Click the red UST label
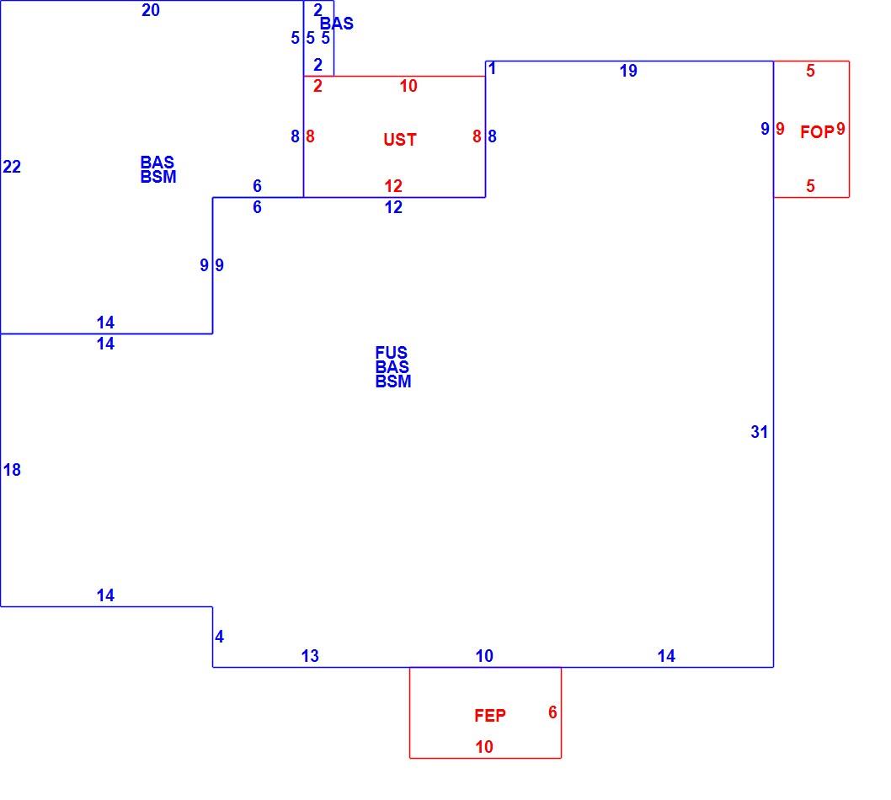pos(400,139)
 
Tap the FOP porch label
pos(817,132)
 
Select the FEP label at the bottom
pos(490,715)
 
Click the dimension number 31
pos(759,432)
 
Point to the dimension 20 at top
pos(151,10)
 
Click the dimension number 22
pos(12,167)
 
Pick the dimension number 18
pos(12,470)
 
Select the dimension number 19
pos(628,71)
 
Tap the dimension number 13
pos(310,656)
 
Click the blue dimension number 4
pos(219,637)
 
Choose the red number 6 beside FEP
pos(552,712)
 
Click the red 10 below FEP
pos(484,747)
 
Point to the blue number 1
pos(492,69)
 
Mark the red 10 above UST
pos(408,86)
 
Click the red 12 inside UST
pos(393,186)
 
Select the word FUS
pos(391,352)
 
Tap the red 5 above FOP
pos(810,71)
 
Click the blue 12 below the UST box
pos(393,207)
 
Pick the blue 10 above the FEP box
pos(484,656)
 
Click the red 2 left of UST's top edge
pos(317,86)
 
